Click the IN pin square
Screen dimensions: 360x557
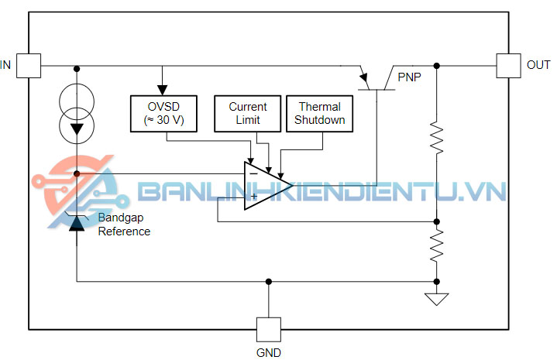pos(28,65)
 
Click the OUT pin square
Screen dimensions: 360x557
pos(508,65)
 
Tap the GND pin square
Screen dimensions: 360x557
pos(268,330)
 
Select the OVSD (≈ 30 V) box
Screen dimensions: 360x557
pos(163,113)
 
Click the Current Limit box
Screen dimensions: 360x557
pos(248,113)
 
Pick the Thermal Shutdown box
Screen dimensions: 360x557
pos(319,113)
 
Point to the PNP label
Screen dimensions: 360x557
pos(411,77)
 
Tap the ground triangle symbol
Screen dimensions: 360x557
pos(437,298)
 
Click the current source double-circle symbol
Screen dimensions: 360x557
pos(77,111)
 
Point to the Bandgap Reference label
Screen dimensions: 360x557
pos(124,225)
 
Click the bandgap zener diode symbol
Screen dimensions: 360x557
pos(77,221)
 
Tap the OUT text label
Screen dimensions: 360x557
pos(538,65)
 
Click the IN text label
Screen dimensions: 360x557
pos(6,65)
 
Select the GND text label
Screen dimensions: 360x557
pos(268,352)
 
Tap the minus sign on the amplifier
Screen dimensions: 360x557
pos(253,174)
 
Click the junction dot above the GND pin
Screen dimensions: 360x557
pos(268,281)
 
